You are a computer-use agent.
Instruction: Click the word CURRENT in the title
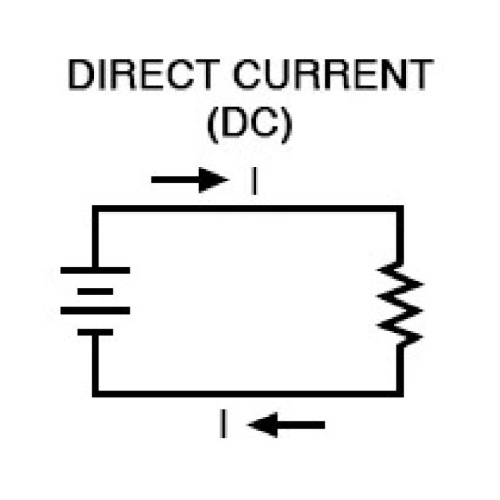[333, 74]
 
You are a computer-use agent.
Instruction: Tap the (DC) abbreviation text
[250, 125]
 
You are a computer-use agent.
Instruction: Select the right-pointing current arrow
[190, 180]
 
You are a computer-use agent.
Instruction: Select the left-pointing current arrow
[286, 425]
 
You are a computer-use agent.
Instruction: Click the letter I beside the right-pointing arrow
[254, 181]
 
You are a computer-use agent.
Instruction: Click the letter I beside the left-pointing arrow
[223, 424]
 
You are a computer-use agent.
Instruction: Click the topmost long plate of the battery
[95, 270]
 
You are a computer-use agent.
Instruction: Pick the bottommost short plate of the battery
[95, 332]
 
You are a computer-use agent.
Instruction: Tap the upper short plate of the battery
[95, 292]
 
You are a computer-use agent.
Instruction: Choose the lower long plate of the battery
[95, 310]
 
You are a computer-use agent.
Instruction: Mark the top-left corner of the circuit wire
[95, 208]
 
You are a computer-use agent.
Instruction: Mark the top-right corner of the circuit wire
[400, 208]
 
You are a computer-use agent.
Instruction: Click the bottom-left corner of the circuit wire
[95, 394]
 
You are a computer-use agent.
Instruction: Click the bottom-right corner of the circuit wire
[400, 394]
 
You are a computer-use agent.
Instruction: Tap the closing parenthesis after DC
[287, 125]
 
